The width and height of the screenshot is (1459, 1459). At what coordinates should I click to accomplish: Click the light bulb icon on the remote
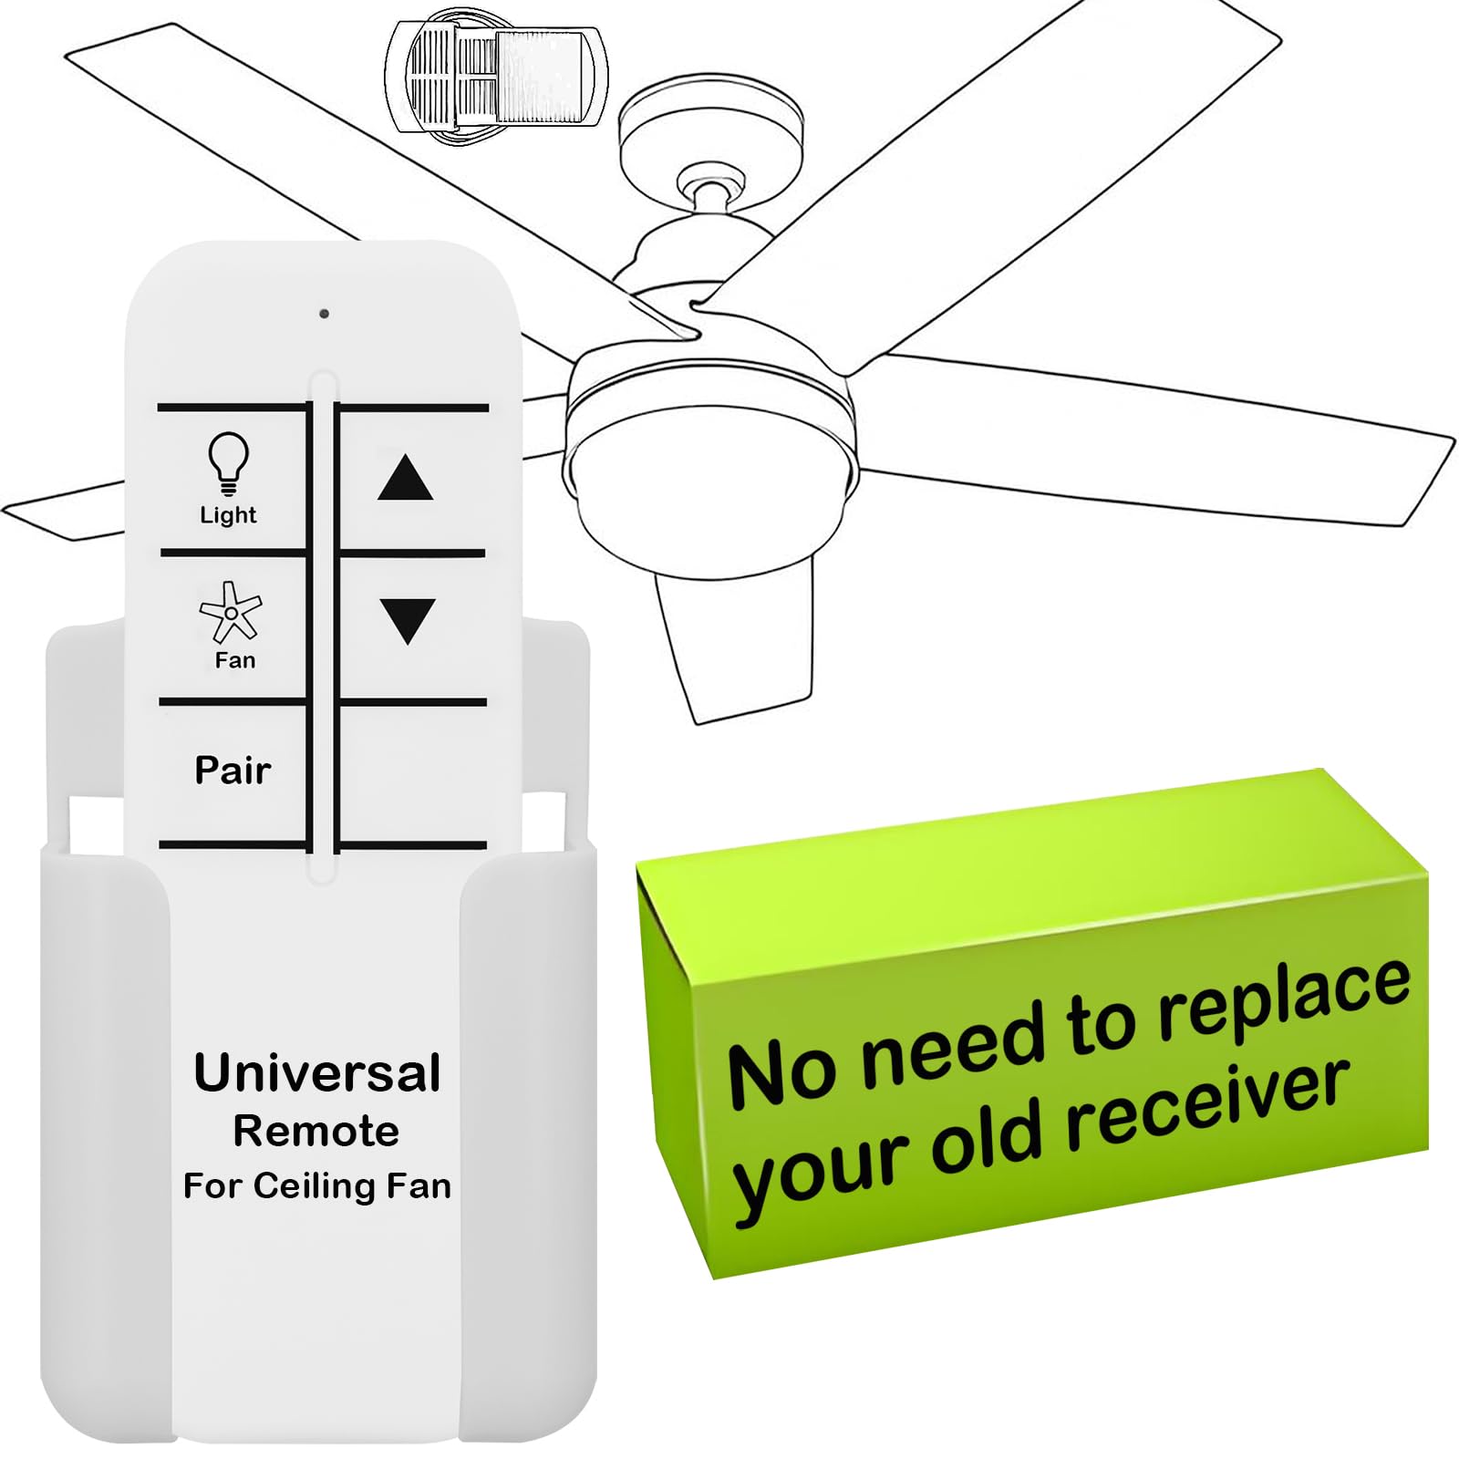pyautogui.click(x=228, y=461)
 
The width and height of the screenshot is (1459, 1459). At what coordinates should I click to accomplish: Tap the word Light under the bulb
pyautogui.click(x=228, y=515)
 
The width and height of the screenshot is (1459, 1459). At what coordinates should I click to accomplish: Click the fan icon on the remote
pyautogui.click(x=231, y=612)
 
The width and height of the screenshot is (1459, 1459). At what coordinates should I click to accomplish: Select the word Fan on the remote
pyautogui.click(x=234, y=660)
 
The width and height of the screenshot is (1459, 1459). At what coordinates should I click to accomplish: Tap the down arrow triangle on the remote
pyautogui.click(x=407, y=620)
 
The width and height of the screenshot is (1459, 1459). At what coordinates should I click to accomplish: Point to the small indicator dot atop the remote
pyautogui.click(x=324, y=314)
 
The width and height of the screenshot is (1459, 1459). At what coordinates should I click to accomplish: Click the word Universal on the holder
pyautogui.click(x=317, y=1073)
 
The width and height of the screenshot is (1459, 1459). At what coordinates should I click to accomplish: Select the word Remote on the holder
pyautogui.click(x=316, y=1132)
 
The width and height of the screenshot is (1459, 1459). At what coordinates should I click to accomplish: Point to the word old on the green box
pyautogui.click(x=986, y=1140)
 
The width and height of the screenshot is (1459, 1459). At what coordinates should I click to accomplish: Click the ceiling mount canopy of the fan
pyautogui.click(x=711, y=119)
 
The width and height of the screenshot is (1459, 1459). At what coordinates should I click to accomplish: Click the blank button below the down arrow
pyautogui.click(x=412, y=773)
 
